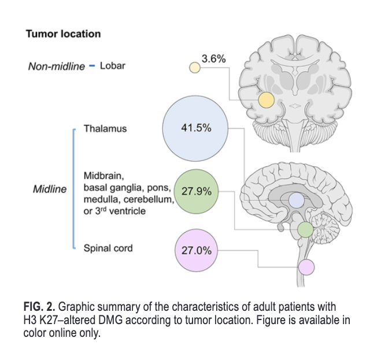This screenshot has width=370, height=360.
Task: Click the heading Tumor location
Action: coord(63,34)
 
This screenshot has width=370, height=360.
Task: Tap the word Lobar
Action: coord(112,65)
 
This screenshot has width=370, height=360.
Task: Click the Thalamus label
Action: coord(105,128)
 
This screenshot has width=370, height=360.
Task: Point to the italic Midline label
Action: coord(49,189)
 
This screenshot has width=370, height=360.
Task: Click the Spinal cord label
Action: coord(108,248)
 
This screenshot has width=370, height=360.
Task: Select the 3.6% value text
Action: coord(213,58)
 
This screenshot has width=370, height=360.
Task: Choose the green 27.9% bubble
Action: coord(196,191)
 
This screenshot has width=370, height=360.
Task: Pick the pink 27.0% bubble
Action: coord(196,251)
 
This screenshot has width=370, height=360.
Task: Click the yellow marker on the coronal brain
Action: coord(266,100)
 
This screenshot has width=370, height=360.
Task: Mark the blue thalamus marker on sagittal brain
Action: coord(296,201)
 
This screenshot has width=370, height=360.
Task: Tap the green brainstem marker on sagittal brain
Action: coord(305,230)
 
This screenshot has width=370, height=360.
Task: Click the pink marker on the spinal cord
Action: coord(306,267)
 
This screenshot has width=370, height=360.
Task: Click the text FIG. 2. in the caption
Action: coord(39,305)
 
